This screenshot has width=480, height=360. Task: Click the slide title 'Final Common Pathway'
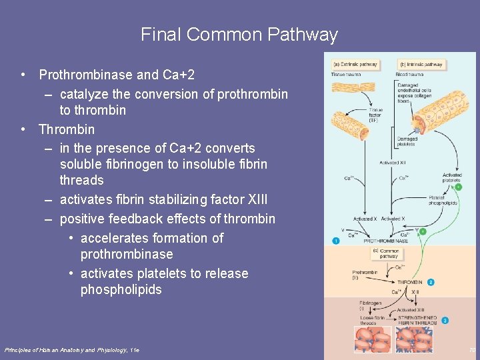pyautogui.click(x=239, y=35)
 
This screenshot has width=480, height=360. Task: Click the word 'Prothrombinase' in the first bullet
pyautogui.click(x=83, y=75)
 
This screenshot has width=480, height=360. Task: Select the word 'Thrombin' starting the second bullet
pyautogui.click(x=67, y=129)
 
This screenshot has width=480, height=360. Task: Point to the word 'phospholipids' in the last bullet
pyautogui.click(x=121, y=290)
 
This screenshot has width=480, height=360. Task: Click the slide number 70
pyautogui.click(x=472, y=349)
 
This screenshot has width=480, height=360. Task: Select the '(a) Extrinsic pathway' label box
pyautogui.click(x=355, y=65)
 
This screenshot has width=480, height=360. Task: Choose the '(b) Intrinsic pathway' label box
pyautogui.click(x=421, y=65)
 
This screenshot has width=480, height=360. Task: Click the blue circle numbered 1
pyautogui.click(x=336, y=240)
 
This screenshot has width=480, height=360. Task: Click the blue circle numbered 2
pyautogui.click(x=431, y=282)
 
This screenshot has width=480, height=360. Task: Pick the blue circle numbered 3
pyautogui.click(x=445, y=321)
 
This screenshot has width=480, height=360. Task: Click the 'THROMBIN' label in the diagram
pyautogui.click(x=410, y=283)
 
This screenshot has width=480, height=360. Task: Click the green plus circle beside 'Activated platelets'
pyautogui.click(x=459, y=187)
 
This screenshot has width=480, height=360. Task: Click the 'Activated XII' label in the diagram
pyautogui.click(x=393, y=163)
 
